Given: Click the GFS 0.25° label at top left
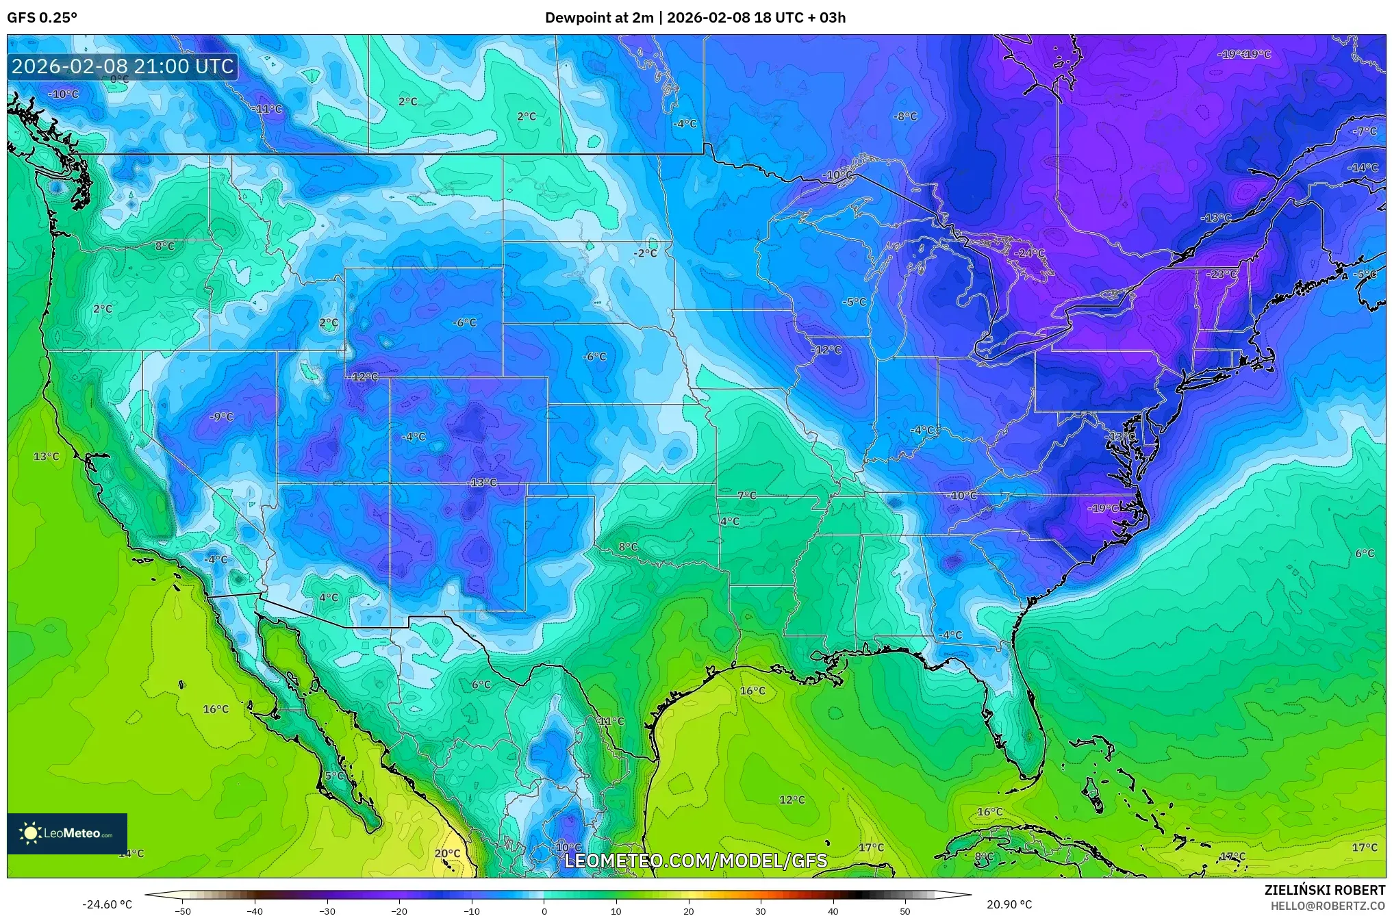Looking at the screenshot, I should click(42, 18).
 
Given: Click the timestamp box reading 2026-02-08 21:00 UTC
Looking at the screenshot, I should click(123, 66).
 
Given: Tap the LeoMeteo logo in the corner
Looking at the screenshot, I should click(66, 833).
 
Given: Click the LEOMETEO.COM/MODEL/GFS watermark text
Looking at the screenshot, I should click(695, 861).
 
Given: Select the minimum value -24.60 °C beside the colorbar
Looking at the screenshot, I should click(107, 904).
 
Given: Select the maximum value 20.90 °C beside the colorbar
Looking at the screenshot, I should click(1009, 904).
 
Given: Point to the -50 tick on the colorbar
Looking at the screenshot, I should click(183, 911).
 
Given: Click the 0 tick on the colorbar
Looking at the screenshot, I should click(544, 911).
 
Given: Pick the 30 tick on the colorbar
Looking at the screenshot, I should click(761, 911).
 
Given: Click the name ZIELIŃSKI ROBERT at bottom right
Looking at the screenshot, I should click(1324, 890).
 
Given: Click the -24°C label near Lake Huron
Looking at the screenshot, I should click(1030, 253).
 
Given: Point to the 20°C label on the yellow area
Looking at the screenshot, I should click(447, 853).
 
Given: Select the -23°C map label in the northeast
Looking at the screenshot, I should click(1222, 274).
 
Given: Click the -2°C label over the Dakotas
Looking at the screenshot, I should click(644, 253).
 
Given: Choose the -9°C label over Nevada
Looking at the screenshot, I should click(221, 416).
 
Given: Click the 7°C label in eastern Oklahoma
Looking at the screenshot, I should click(746, 495).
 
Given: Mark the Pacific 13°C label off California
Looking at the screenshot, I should click(47, 456).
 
